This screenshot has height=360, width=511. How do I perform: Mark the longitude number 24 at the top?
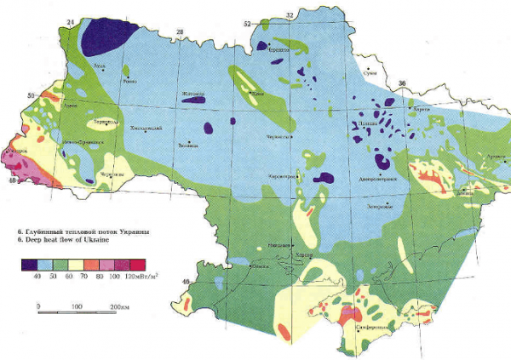pyautogui.click(x=71, y=19)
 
